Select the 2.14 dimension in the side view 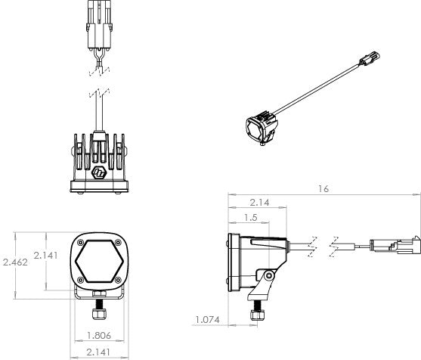coord(258,202)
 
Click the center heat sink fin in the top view coord(98,147)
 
